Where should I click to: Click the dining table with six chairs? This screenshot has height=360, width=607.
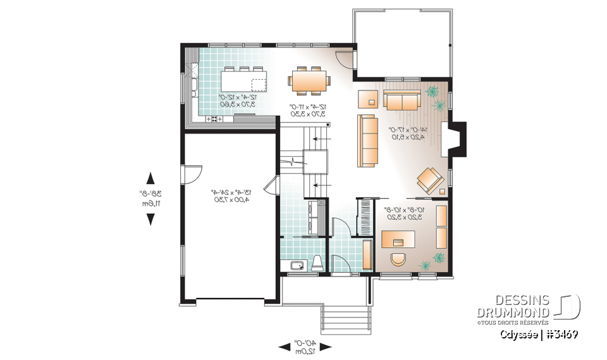pyautogui.click(x=309, y=80)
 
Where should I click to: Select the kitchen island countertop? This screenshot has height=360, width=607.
pyautogui.click(x=243, y=81)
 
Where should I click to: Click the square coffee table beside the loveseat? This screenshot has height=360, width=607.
pyautogui.click(x=367, y=99)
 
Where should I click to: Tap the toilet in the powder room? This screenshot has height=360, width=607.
pyautogui.click(x=317, y=264)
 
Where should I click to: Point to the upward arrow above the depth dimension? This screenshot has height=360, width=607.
pyautogui.click(x=150, y=177)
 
